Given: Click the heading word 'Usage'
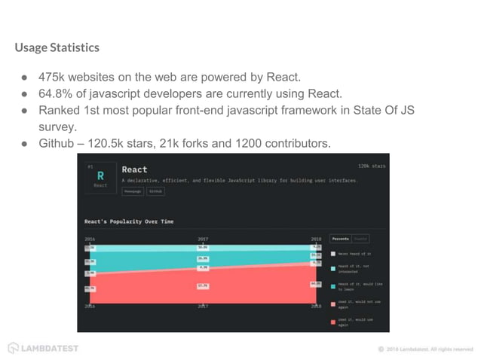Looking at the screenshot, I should [32, 48].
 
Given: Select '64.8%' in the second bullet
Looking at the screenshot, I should [57, 93].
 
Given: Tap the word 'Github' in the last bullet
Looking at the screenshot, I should [56, 143].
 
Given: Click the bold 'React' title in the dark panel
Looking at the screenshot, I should [135, 169].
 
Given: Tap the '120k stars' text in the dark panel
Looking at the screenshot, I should [372, 165].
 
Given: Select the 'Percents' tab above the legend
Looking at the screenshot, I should [341, 239].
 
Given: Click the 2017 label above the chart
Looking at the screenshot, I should [203, 239].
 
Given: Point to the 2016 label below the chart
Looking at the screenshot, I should [90, 307].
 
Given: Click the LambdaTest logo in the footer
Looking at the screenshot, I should [43, 348].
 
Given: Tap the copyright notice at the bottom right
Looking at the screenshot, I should [425, 349].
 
